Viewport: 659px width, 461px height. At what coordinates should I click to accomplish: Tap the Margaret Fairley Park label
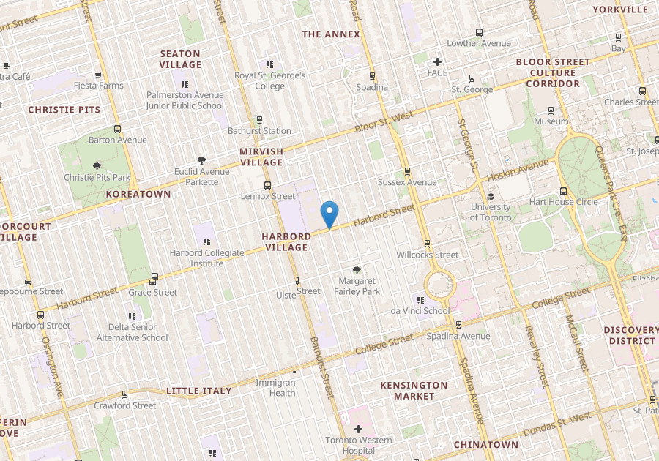point(357,286)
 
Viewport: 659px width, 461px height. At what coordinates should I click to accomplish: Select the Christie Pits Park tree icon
point(97,166)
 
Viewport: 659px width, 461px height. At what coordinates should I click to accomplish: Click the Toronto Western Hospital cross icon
point(358,429)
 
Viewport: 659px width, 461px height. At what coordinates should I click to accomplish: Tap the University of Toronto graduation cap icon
point(491,196)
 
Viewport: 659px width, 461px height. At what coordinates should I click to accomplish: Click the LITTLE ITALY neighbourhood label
point(199,391)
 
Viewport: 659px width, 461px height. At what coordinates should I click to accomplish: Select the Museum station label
point(551,121)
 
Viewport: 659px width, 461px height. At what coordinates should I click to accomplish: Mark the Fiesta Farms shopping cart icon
point(98,75)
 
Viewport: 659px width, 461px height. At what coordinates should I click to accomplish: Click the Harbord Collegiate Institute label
point(206,258)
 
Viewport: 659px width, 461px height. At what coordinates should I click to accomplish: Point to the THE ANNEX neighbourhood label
point(331,34)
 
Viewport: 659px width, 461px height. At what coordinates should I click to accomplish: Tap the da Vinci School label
point(420,311)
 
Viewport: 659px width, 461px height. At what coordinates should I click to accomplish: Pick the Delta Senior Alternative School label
point(133,333)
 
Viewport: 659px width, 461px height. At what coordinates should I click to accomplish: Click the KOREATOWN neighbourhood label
point(138,194)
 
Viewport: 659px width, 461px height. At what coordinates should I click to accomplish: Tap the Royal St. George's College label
point(269,80)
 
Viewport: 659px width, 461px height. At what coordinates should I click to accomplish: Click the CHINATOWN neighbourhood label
point(485,444)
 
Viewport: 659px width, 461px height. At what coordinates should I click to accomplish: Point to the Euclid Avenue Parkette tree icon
point(201,161)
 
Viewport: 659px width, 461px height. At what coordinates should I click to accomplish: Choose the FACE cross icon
point(437,62)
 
